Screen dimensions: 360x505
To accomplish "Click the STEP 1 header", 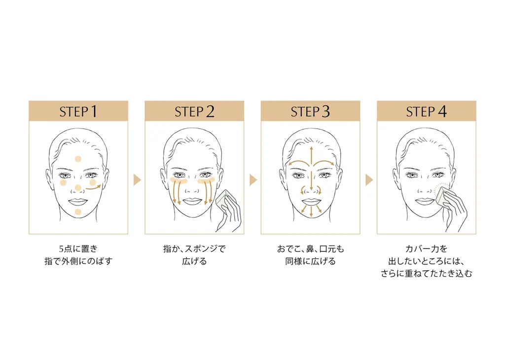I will pyautogui.click(x=78, y=111).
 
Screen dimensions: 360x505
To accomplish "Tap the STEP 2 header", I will pyautogui.click(x=194, y=111).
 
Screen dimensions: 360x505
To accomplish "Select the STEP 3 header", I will pyautogui.click(x=310, y=111).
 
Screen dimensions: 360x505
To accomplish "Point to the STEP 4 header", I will pyautogui.click(x=426, y=111).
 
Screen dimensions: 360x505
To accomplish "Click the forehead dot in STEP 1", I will pyautogui.click(x=78, y=159).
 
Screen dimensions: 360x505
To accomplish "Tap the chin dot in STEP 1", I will pyautogui.click(x=78, y=212).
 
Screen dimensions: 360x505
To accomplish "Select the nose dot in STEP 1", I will pyautogui.click(x=78, y=187).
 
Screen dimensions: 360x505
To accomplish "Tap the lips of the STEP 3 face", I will pyautogui.click(x=310, y=201).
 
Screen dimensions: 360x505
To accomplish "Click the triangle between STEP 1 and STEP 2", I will pyautogui.click(x=137, y=180).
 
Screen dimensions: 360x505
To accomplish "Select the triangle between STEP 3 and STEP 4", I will pyautogui.click(x=369, y=180).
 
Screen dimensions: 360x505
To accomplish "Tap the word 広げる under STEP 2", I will pyautogui.click(x=194, y=261).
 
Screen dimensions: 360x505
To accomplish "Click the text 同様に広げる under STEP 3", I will pyautogui.click(x=310, y=261).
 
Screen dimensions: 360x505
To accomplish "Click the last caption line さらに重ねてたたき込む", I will pyautogui.click(x=426, y=274).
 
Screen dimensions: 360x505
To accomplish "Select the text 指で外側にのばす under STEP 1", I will pyautogui.click(x=78, y=261).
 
